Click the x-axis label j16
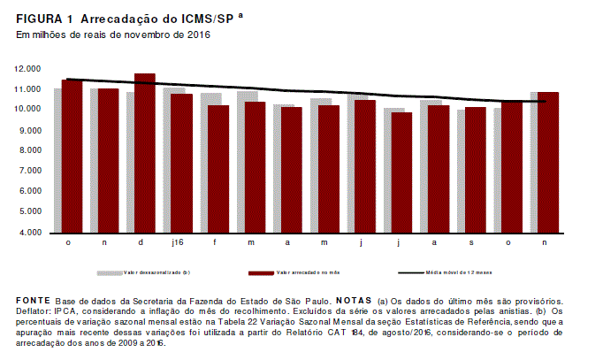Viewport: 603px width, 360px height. coord(178,242)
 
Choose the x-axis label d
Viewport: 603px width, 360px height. coord(141,242)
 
